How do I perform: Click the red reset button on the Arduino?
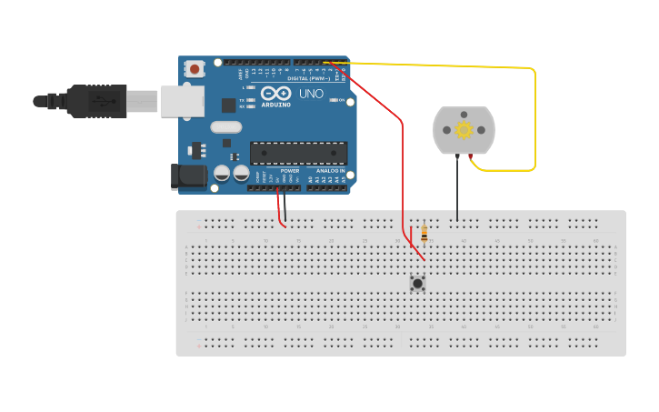click(x=195, y=68)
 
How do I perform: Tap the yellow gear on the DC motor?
click(x=464, y=129)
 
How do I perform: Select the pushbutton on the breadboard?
click(x=417, y=283)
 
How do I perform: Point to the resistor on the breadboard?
click(x=424, y=233)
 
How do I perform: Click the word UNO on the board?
click(x=311, y=94)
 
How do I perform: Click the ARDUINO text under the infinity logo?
click(x=275, y=105)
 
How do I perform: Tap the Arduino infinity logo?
click(x=275, y=93)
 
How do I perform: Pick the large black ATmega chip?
click(x=298, y=154)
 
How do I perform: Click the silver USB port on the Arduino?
click(x=183, y=101)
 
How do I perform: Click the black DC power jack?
click(x=188, y=176)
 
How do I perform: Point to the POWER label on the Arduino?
click(x=289, y=171)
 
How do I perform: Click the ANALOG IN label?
click(x=330, y=171)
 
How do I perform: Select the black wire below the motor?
click(x=457, y=191)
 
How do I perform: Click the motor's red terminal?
click(x=471, y=158)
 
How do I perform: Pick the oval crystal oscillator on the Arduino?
click(x=226, y=127)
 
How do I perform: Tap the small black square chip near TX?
click(x=228, y=105)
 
